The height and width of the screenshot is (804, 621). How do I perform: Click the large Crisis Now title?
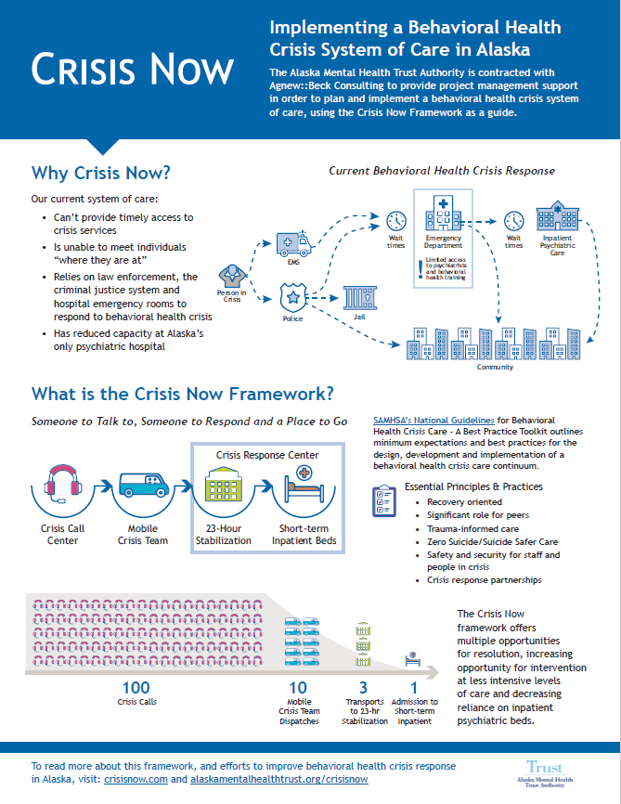tap(132, 71)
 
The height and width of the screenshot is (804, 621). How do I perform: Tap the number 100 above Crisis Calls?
tap(136, 687)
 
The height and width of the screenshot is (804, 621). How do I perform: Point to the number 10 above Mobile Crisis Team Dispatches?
tap(299, 687)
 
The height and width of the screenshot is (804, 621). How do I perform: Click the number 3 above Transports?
tap(363, 687)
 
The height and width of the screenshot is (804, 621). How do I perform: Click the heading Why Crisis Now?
tap(101, 174)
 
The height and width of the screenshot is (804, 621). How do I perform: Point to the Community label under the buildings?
tap(495, 367)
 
